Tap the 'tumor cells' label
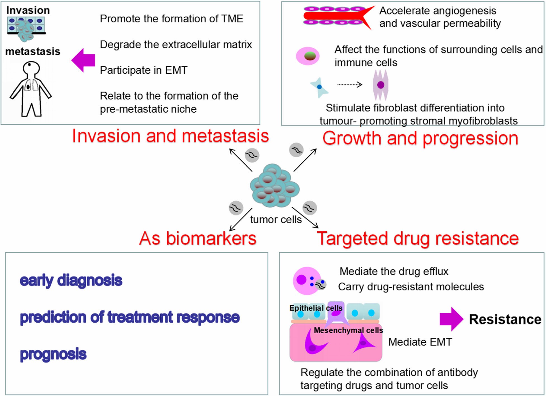coord(276,220)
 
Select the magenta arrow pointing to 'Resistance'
coord(451,319)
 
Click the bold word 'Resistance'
coord(505,319)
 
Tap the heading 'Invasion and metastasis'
coord(170,136)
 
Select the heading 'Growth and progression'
coord(420,138)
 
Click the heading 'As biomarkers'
coord(198,239)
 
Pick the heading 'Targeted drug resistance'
coord(417,239)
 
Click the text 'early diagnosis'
coord(71,280)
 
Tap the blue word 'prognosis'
coord(53,354)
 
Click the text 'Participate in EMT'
coord(143,70)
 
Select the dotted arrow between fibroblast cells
coord(349,84)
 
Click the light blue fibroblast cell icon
coord(319,87)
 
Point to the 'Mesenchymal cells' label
coord(348,330)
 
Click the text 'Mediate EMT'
coord(420,342)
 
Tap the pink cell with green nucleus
coord(308,56)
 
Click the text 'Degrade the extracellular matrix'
coord(176,45)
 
